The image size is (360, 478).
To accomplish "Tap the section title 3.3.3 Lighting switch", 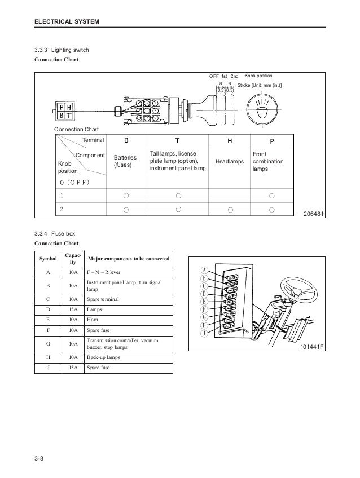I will click(x=62, y=51).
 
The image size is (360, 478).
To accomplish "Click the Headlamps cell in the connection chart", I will click(x=230, y=162).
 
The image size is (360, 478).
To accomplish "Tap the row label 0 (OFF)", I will click(x=74, y=183).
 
